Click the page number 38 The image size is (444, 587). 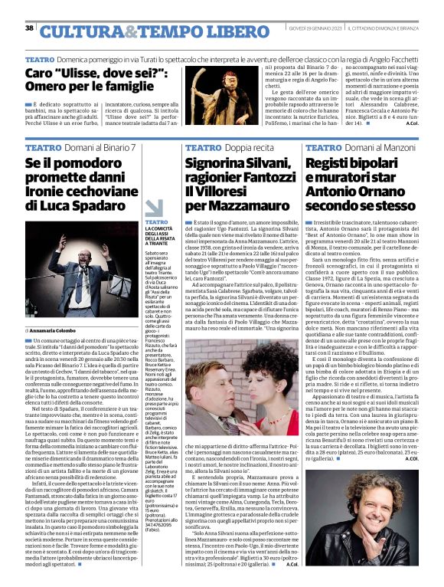(29, 28)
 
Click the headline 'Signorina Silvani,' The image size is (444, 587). (233, 164)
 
